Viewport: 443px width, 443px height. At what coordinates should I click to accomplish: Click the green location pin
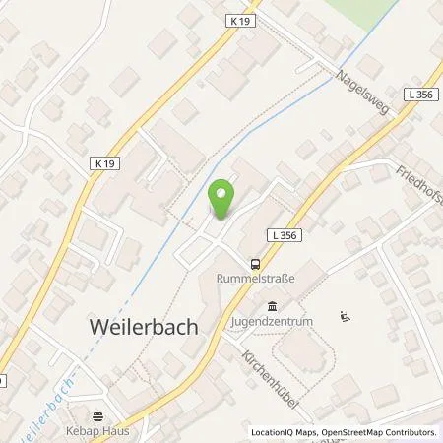point(223,198)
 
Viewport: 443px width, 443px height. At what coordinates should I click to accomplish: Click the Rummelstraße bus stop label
point(255,279)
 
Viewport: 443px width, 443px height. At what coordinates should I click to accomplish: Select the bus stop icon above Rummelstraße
point(255,263)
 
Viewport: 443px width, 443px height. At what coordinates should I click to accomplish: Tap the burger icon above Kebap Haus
point(97,416)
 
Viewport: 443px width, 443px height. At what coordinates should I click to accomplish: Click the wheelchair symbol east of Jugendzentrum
point(345,316)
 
